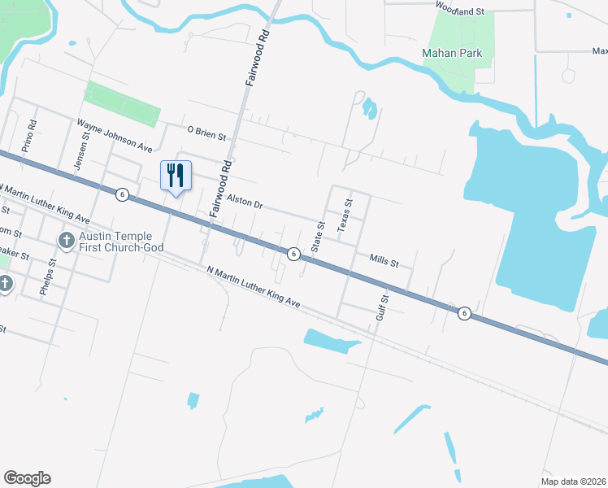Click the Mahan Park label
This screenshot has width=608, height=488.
pyautogui.click(x=452, y=54)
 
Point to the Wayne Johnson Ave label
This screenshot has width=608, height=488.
pyautogui.click(x=115, y=136)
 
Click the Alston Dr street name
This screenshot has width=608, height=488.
pyautogui.click(x=245, y=202)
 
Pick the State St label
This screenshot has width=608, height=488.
pyautogui.click(x=320, y=236)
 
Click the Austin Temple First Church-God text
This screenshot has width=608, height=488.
pyautogui.click(x=121, y=241)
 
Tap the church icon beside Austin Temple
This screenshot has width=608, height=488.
pyautogui.click(x=66, y=241)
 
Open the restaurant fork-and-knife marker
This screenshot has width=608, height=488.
pyautogui.click(x=176, y=176)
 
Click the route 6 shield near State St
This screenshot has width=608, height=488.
pyautogui.click(x=293, y=255)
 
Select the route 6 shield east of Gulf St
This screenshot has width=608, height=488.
pyautogui.click(x=463, y=312)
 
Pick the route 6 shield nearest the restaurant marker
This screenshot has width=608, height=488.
pyautogui.click(x=121, y=194)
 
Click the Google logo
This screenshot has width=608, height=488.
pyautogui.click(x=27, y=478)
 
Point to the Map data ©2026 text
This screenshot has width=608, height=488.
pyautogui.click(x=572, y=481)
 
